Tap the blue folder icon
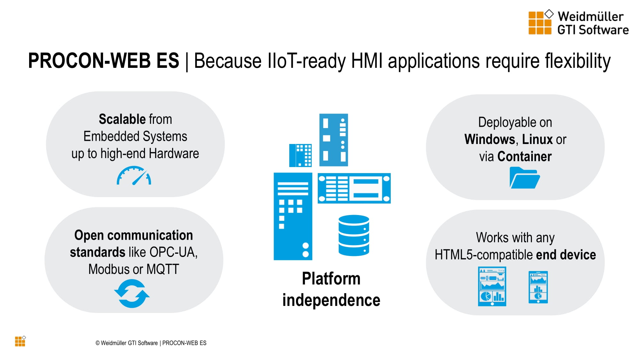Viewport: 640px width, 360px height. click(x=524, y=179)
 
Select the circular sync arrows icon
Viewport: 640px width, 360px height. click(x=132, y=293)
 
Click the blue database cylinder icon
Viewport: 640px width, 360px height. click(x=354, y=235)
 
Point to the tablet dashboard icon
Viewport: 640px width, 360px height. click(x=492, y=286)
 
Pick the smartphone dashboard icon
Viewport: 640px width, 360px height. click(x=538, y=287)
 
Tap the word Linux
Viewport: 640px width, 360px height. click(x=537, y=140)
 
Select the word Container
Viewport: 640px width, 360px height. click(x=524, y=156)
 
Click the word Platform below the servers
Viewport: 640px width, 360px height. click(x=331, y=278)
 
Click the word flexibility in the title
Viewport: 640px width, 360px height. click(x=578, y=61)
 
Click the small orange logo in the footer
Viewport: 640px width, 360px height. click(x=20, y=341)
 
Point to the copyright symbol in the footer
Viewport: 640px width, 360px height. click(x=98, y=343)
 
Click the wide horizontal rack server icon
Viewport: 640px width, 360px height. click(x=354, y=188)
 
